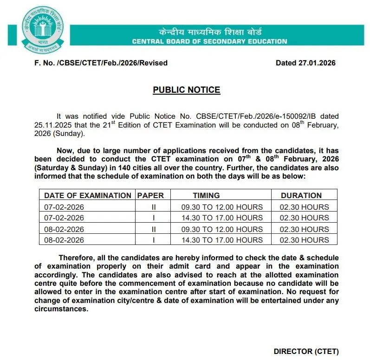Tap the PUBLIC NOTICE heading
[x=187, y=90]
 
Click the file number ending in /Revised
[x=101, y=63]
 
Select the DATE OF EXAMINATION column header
[x=88, y=195]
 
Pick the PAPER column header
[x=150, y=195]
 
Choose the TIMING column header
[x=206, y=195]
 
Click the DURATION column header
[x=301, y=195]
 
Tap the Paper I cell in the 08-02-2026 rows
[x=153, y=240]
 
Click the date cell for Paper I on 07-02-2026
[x=64, y=218]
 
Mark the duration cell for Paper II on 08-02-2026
[x=304, y=229]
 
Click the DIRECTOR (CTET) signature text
[x=306, y=351]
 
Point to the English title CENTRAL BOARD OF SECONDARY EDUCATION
[x=209, y=41]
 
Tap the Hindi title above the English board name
[x=210, y=32]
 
